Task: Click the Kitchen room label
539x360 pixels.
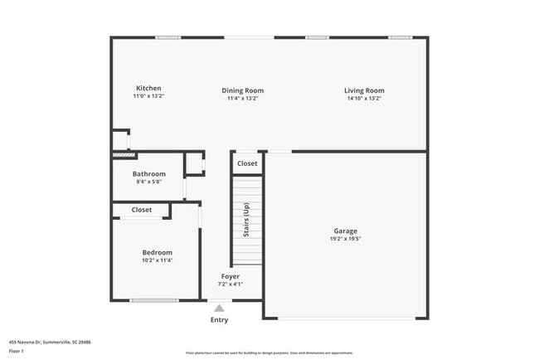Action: [149, 89]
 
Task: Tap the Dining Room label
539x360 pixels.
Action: [243, 90]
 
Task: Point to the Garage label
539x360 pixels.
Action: [346, 231]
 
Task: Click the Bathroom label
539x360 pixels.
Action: [149, 173]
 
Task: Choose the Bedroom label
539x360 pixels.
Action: [157, 252]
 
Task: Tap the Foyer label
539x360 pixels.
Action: [230, 276]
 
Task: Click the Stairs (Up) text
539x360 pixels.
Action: [246, 220]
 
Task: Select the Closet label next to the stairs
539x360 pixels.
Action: [247, 163]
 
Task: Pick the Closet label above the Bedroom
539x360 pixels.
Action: [142, 210]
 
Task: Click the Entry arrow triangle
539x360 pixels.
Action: [219, 308]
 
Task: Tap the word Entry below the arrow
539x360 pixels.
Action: [219, 319]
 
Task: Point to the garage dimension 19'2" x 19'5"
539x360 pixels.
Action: [346, 239]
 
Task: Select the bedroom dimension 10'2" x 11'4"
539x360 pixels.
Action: [157, 260]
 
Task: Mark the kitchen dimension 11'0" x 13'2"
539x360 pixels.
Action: [149, 96]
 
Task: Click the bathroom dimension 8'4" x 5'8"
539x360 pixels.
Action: [149, 181]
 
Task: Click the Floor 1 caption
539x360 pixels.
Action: [17, 351]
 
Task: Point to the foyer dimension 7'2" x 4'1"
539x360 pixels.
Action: [230, 284]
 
